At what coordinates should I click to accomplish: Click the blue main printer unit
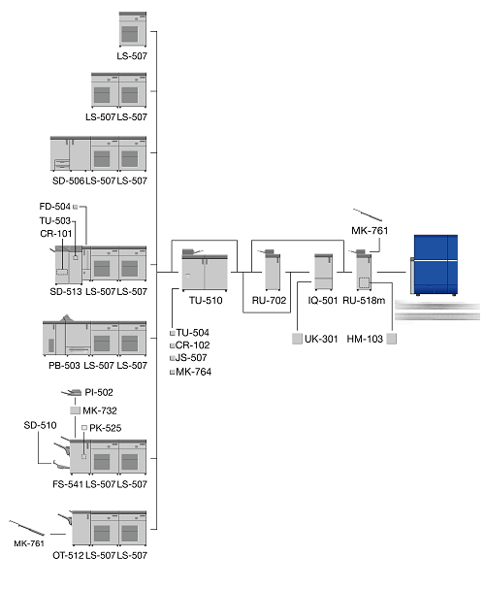[434, 265]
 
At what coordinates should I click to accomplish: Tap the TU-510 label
[206, 300]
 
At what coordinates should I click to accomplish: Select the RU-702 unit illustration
[272, 270]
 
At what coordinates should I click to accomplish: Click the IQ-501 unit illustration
[324, 272]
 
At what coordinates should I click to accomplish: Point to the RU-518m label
[364, 300]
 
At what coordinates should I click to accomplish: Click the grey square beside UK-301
[297, 339]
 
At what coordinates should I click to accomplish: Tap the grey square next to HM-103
[391, 339]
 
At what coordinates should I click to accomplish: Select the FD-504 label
[55, 206]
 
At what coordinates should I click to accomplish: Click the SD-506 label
[68, 181]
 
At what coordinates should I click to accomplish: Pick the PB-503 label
[64, 366]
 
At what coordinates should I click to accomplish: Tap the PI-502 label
[99, 392]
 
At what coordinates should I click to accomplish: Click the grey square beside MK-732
[76, 410]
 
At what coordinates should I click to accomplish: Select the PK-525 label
[106, 428]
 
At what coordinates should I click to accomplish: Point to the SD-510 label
[41, 425]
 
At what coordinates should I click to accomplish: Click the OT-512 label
[68, 555]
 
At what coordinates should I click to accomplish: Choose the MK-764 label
[193, 372]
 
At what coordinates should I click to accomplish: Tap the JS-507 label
[191, 357]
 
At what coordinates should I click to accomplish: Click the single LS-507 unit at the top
[133, 29]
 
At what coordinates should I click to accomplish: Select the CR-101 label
[55, 234]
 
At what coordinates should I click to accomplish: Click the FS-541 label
[68, 484]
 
